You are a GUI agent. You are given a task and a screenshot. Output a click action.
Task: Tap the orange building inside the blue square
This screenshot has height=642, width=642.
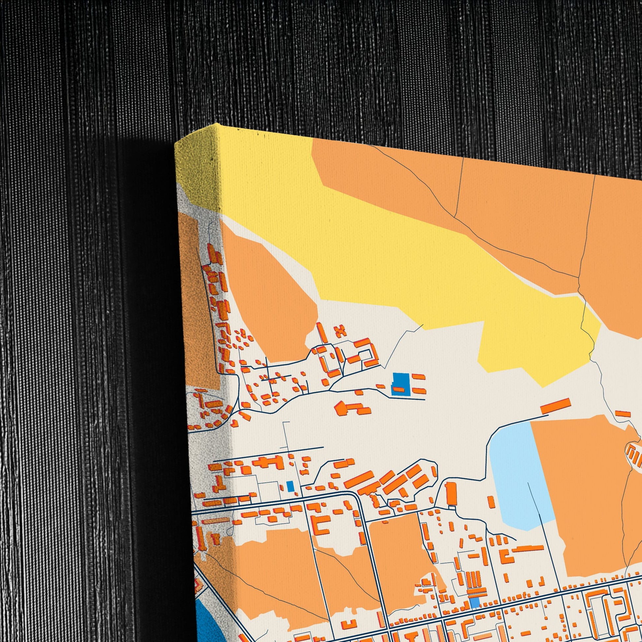tap(399, 389)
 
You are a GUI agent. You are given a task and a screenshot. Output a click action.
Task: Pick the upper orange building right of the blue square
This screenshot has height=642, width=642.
tap(418, 377)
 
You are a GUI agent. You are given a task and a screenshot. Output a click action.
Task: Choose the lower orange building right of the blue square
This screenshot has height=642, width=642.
tap(419, 391)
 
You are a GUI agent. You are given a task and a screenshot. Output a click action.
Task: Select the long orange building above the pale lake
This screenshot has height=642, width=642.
tap(555, 406)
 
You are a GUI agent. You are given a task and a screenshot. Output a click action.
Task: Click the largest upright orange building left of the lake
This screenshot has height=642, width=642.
tap(451, 494)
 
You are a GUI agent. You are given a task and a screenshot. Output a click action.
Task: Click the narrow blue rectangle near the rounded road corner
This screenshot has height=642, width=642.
tap(290, 486)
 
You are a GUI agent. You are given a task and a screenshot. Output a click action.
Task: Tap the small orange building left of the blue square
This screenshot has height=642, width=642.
tap(380, 386)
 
